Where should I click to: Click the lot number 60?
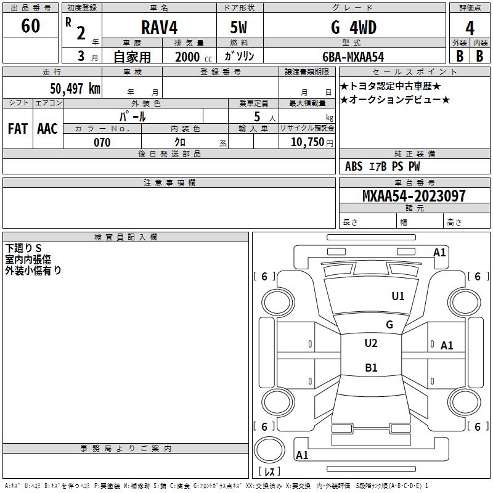(30, 25)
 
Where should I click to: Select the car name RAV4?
(159, 27)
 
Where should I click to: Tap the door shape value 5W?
(238, 27)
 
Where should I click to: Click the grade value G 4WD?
(354, 27)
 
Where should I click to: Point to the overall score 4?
(470, 28)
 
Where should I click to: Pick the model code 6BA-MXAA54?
(353, 57)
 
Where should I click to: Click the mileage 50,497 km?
(75, 89)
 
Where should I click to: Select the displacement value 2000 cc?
(194, 57)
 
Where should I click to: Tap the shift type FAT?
(18, 129)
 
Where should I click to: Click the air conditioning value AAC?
(47, 129)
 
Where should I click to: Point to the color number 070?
(102, 142)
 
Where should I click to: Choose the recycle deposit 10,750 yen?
(312, 142)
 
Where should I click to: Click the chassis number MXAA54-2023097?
(414, 195)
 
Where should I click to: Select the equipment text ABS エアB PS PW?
(382, 166)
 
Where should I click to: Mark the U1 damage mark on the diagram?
(398, 296)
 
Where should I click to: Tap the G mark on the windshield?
(389, 324)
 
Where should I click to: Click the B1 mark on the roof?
(371, 367)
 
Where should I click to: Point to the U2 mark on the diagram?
(371, 343)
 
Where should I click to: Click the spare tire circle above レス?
(269, 449)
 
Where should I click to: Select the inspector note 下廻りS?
(23, 248)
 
